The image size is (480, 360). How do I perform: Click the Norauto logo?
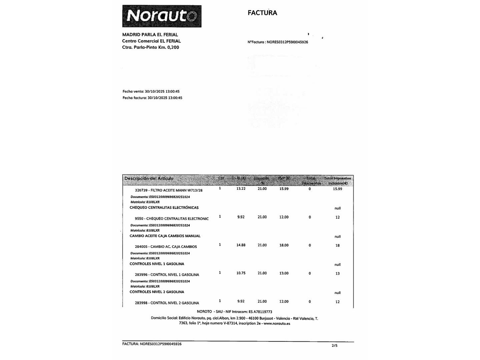162,16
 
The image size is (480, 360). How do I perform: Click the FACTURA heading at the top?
262,13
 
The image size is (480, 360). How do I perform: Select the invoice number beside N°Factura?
287,42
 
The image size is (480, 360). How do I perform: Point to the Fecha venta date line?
151,91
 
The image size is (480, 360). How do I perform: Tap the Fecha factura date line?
152,98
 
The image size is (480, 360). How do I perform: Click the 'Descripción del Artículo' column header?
149,178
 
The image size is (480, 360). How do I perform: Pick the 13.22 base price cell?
241,189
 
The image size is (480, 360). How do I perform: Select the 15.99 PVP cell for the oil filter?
284,189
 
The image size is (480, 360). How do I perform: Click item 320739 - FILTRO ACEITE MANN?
169,190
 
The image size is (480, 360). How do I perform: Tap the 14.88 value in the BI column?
241,245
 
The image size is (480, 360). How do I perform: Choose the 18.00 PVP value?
284,245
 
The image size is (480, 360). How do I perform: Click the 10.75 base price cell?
241,273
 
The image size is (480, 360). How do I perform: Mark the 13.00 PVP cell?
284,273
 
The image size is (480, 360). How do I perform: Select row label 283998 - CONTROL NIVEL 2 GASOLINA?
167,303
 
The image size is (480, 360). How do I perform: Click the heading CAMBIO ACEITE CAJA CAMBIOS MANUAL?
165,236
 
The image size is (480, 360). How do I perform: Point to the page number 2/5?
334,346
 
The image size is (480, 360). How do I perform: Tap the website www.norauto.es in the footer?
277,323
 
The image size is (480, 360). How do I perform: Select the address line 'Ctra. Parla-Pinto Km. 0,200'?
150,47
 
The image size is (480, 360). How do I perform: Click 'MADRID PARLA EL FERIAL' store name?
150,35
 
